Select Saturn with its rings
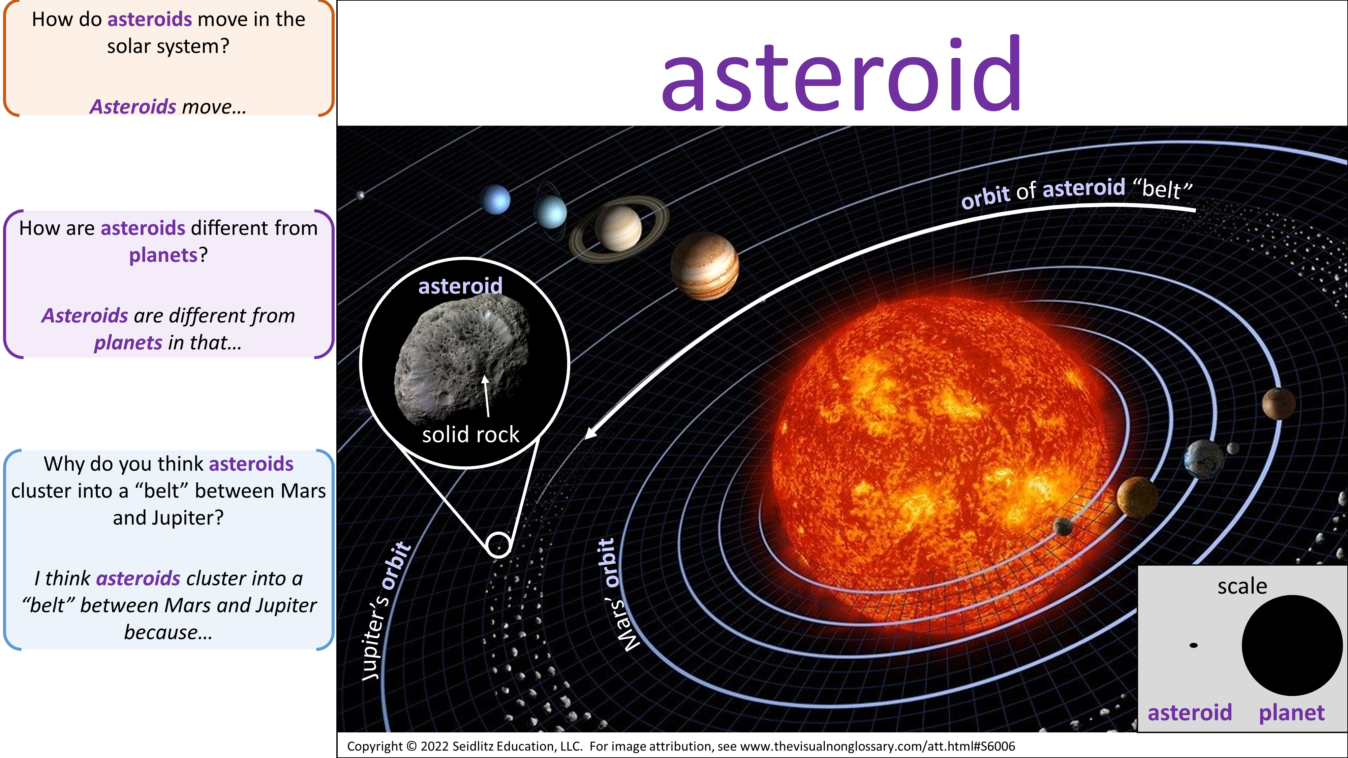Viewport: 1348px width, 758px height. click(x=619, y=229)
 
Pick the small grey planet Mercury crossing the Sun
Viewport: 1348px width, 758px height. click(x=1063, y=526)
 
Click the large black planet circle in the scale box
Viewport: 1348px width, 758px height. click(x=1292, y=645)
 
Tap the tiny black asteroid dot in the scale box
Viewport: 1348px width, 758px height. click(x=1194, y=645)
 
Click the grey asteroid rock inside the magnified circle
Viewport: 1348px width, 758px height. click(x=462, y=358)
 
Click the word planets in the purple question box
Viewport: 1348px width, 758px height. click(x=163, y=255)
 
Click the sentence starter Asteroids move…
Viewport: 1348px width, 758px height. click(x=168, y=107)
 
